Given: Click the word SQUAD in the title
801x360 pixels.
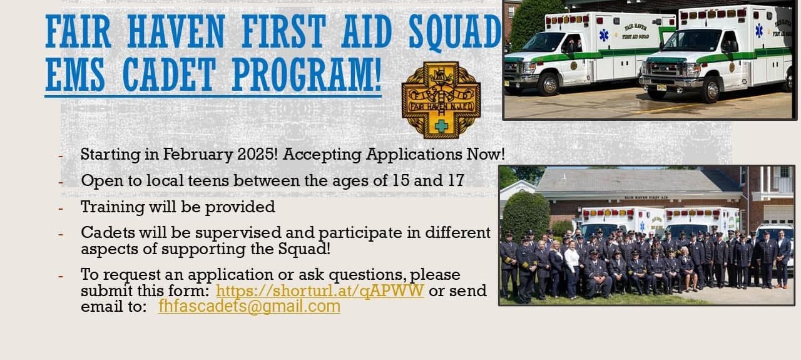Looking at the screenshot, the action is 454,31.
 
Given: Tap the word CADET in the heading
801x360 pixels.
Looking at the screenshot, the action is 169,75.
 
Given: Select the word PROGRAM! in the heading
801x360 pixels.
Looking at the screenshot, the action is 307,75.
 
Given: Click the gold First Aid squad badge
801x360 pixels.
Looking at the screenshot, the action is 441,100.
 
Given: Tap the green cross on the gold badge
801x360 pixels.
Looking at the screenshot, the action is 442,126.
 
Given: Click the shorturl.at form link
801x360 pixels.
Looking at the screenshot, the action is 320,291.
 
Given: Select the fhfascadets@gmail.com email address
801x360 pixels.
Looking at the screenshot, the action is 249,306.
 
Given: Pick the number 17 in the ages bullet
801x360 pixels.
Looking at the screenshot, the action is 456,180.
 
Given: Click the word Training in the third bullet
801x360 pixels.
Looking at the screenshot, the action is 112,207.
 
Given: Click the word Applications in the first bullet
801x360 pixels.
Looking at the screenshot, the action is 414,155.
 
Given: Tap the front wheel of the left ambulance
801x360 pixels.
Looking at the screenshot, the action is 549,84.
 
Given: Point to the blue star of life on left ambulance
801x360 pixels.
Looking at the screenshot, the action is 604,35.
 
